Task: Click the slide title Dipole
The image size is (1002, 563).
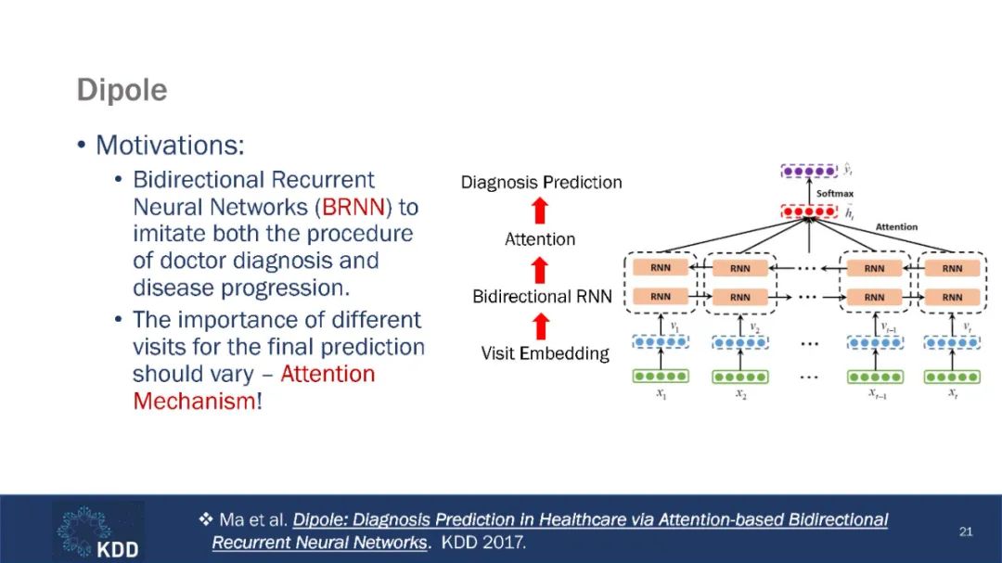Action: pos(122,91)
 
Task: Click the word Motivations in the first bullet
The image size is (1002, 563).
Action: pos(168,146)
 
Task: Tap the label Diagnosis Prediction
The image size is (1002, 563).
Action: pos(541,183)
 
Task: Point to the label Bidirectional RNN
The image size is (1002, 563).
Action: pos(542,297)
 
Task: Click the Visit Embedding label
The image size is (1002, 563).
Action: pos(545,353)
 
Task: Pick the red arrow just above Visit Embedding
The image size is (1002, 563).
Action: pos(541,326)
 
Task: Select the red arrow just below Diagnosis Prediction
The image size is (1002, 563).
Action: pos(541,211)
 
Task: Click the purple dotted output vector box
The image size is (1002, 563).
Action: pos(809,172)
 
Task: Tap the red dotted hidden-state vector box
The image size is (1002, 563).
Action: pos(809,211)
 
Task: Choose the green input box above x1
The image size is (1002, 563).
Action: pos(661,377)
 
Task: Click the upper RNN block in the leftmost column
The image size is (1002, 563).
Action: pos(661,268)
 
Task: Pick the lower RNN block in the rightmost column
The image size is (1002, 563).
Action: pos(952,298)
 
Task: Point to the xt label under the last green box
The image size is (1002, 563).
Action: pos(952,394)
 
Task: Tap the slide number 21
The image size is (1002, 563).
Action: pos(966,531)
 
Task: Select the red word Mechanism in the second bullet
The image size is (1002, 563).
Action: pos(193,402)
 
